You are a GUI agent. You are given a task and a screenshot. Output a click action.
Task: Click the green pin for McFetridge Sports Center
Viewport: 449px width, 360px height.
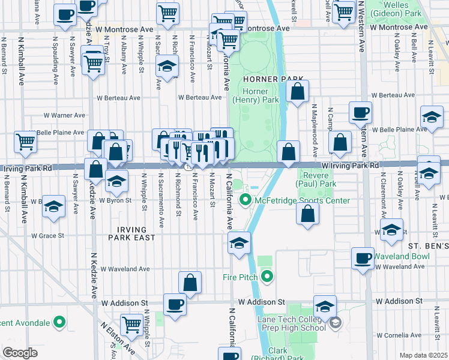246,200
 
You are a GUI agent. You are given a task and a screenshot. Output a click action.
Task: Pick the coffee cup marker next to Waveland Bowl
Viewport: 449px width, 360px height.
363,258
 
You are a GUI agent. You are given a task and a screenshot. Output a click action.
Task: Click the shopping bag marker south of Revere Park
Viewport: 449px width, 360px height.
308,214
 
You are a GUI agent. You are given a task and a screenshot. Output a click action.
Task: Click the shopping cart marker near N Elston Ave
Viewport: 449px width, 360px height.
131,325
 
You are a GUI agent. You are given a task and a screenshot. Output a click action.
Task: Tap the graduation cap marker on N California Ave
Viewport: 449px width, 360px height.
239,244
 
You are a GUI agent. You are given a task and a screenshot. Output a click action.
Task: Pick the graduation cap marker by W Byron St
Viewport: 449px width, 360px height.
116,180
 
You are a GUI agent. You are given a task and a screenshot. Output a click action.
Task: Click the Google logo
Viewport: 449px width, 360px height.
20,352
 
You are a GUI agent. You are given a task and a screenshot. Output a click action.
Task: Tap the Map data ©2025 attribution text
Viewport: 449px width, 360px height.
423,355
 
